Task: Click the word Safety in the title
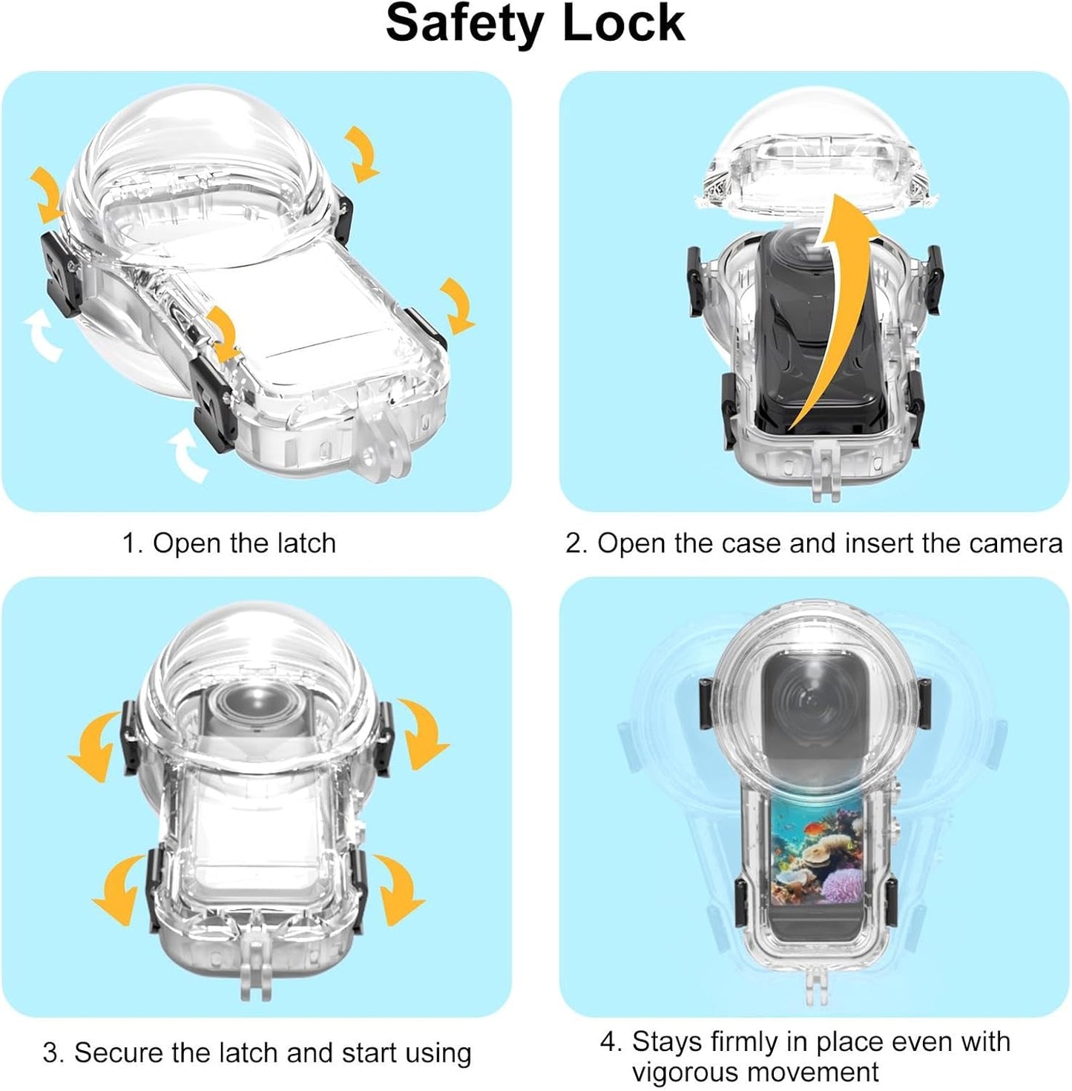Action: pyautogui.click(x=464, y=24)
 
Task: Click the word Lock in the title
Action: pyautogui.click(x=623, y=24)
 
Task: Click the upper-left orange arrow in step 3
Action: pyautogui.click(x=96, y=746)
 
